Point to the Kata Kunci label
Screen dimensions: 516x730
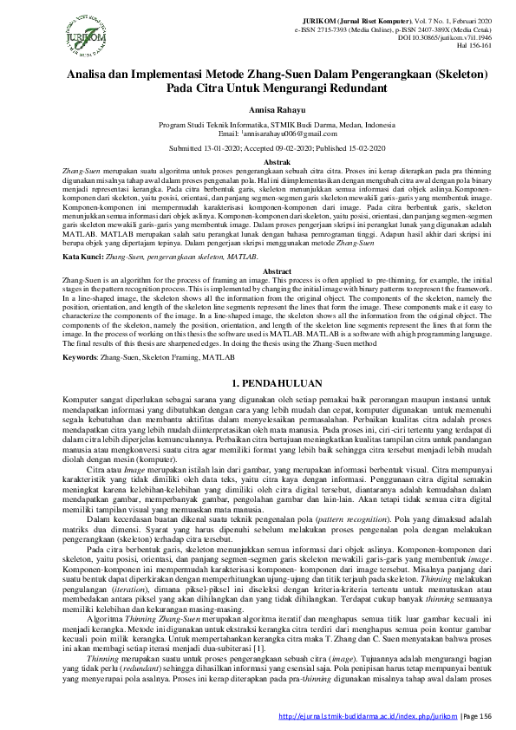point(84,258)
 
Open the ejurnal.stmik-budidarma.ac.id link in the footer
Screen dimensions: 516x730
point(365,716)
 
